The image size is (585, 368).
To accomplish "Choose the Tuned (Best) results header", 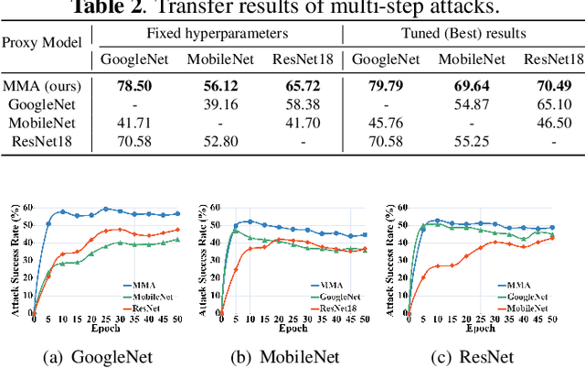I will coord(463,34).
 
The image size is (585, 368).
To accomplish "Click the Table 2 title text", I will coord(292,8).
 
